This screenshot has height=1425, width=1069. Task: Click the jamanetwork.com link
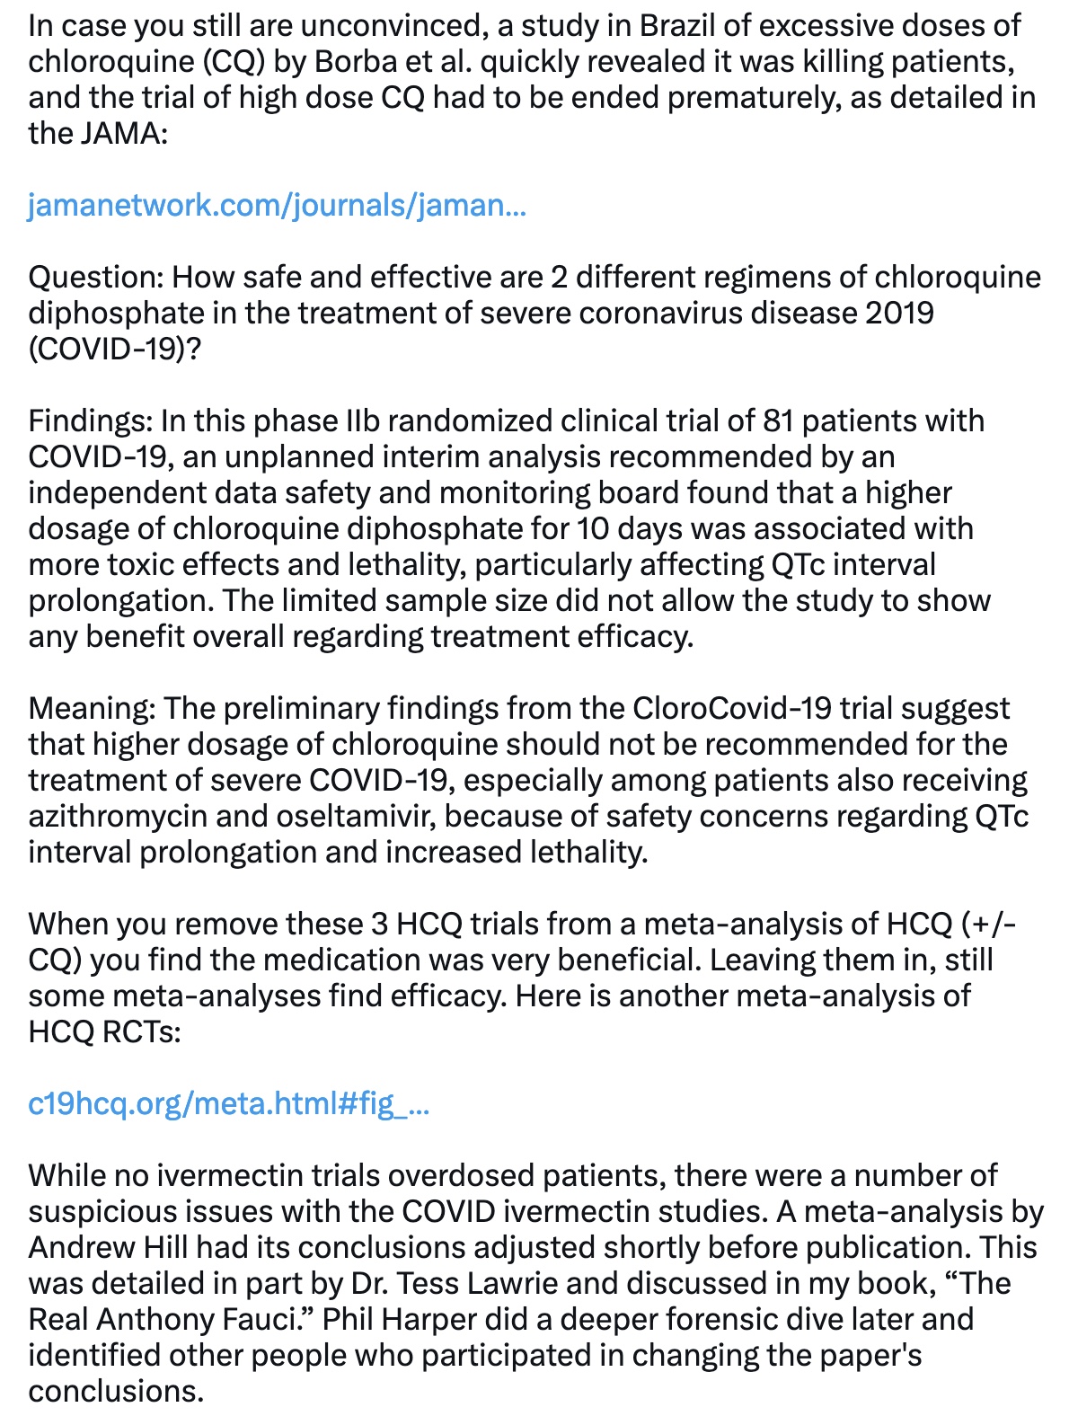click(x=277, y=206)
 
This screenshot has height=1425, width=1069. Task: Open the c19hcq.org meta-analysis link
click(x=229, y=1103)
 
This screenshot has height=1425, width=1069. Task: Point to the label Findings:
click(x=90, y=421)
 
